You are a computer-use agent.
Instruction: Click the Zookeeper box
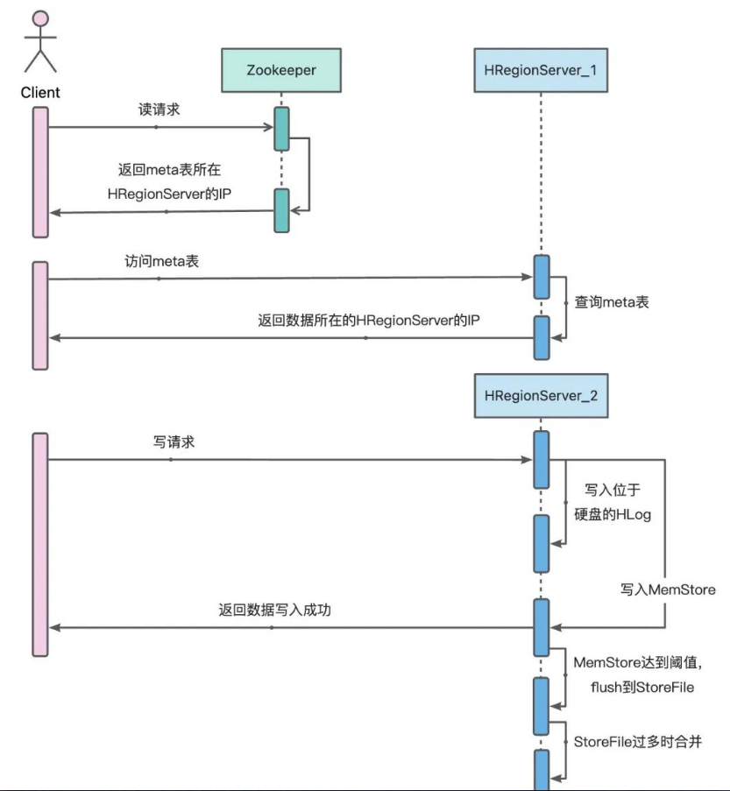281,67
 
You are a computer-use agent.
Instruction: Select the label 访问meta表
158,262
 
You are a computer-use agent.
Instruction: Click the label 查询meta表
611,300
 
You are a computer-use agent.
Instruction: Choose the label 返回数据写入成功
274,611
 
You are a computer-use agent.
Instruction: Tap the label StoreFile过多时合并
637,742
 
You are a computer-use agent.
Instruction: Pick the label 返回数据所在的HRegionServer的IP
367,321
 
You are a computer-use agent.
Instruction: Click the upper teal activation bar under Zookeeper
281,129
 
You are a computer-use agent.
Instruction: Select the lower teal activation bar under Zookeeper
281,210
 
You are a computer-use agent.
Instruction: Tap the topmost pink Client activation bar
40,171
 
